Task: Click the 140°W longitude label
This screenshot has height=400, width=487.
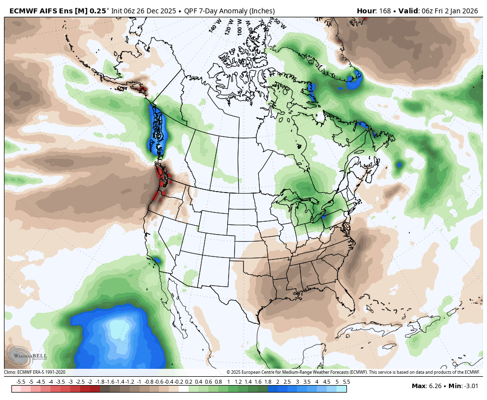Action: point(214,26)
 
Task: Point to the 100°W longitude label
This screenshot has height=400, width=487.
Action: point(240,25)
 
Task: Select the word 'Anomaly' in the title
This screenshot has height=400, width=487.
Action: point(222,11)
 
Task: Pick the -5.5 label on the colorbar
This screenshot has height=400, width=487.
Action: point(21,382)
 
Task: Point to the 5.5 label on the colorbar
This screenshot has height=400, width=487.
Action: point(346,382)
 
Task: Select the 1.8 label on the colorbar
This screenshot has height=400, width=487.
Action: point(268,382)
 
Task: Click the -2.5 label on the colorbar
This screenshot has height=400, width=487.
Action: point(80,382)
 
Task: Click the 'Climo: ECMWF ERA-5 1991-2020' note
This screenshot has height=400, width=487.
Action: point(35,372)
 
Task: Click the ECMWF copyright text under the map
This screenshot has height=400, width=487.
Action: point(353,372)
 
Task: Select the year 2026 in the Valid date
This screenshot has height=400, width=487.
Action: point(473,11)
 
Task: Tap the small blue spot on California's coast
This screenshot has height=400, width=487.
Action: point(156,260)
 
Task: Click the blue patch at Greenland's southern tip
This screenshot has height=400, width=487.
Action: point(355,79)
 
